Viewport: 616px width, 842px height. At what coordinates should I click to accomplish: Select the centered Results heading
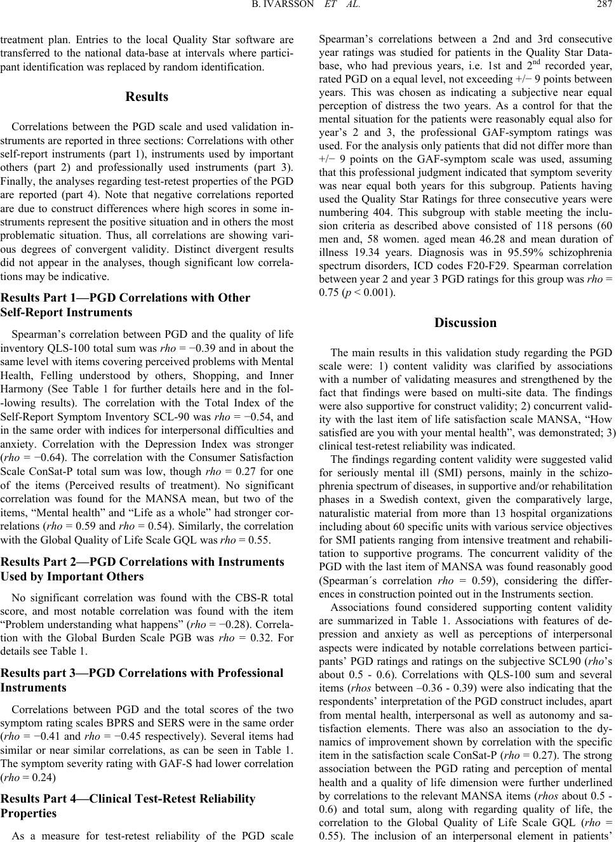[147, 97]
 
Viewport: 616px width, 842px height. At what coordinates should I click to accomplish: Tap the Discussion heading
[465, 323]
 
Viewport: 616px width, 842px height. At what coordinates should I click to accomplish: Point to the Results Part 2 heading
[143, 569]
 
